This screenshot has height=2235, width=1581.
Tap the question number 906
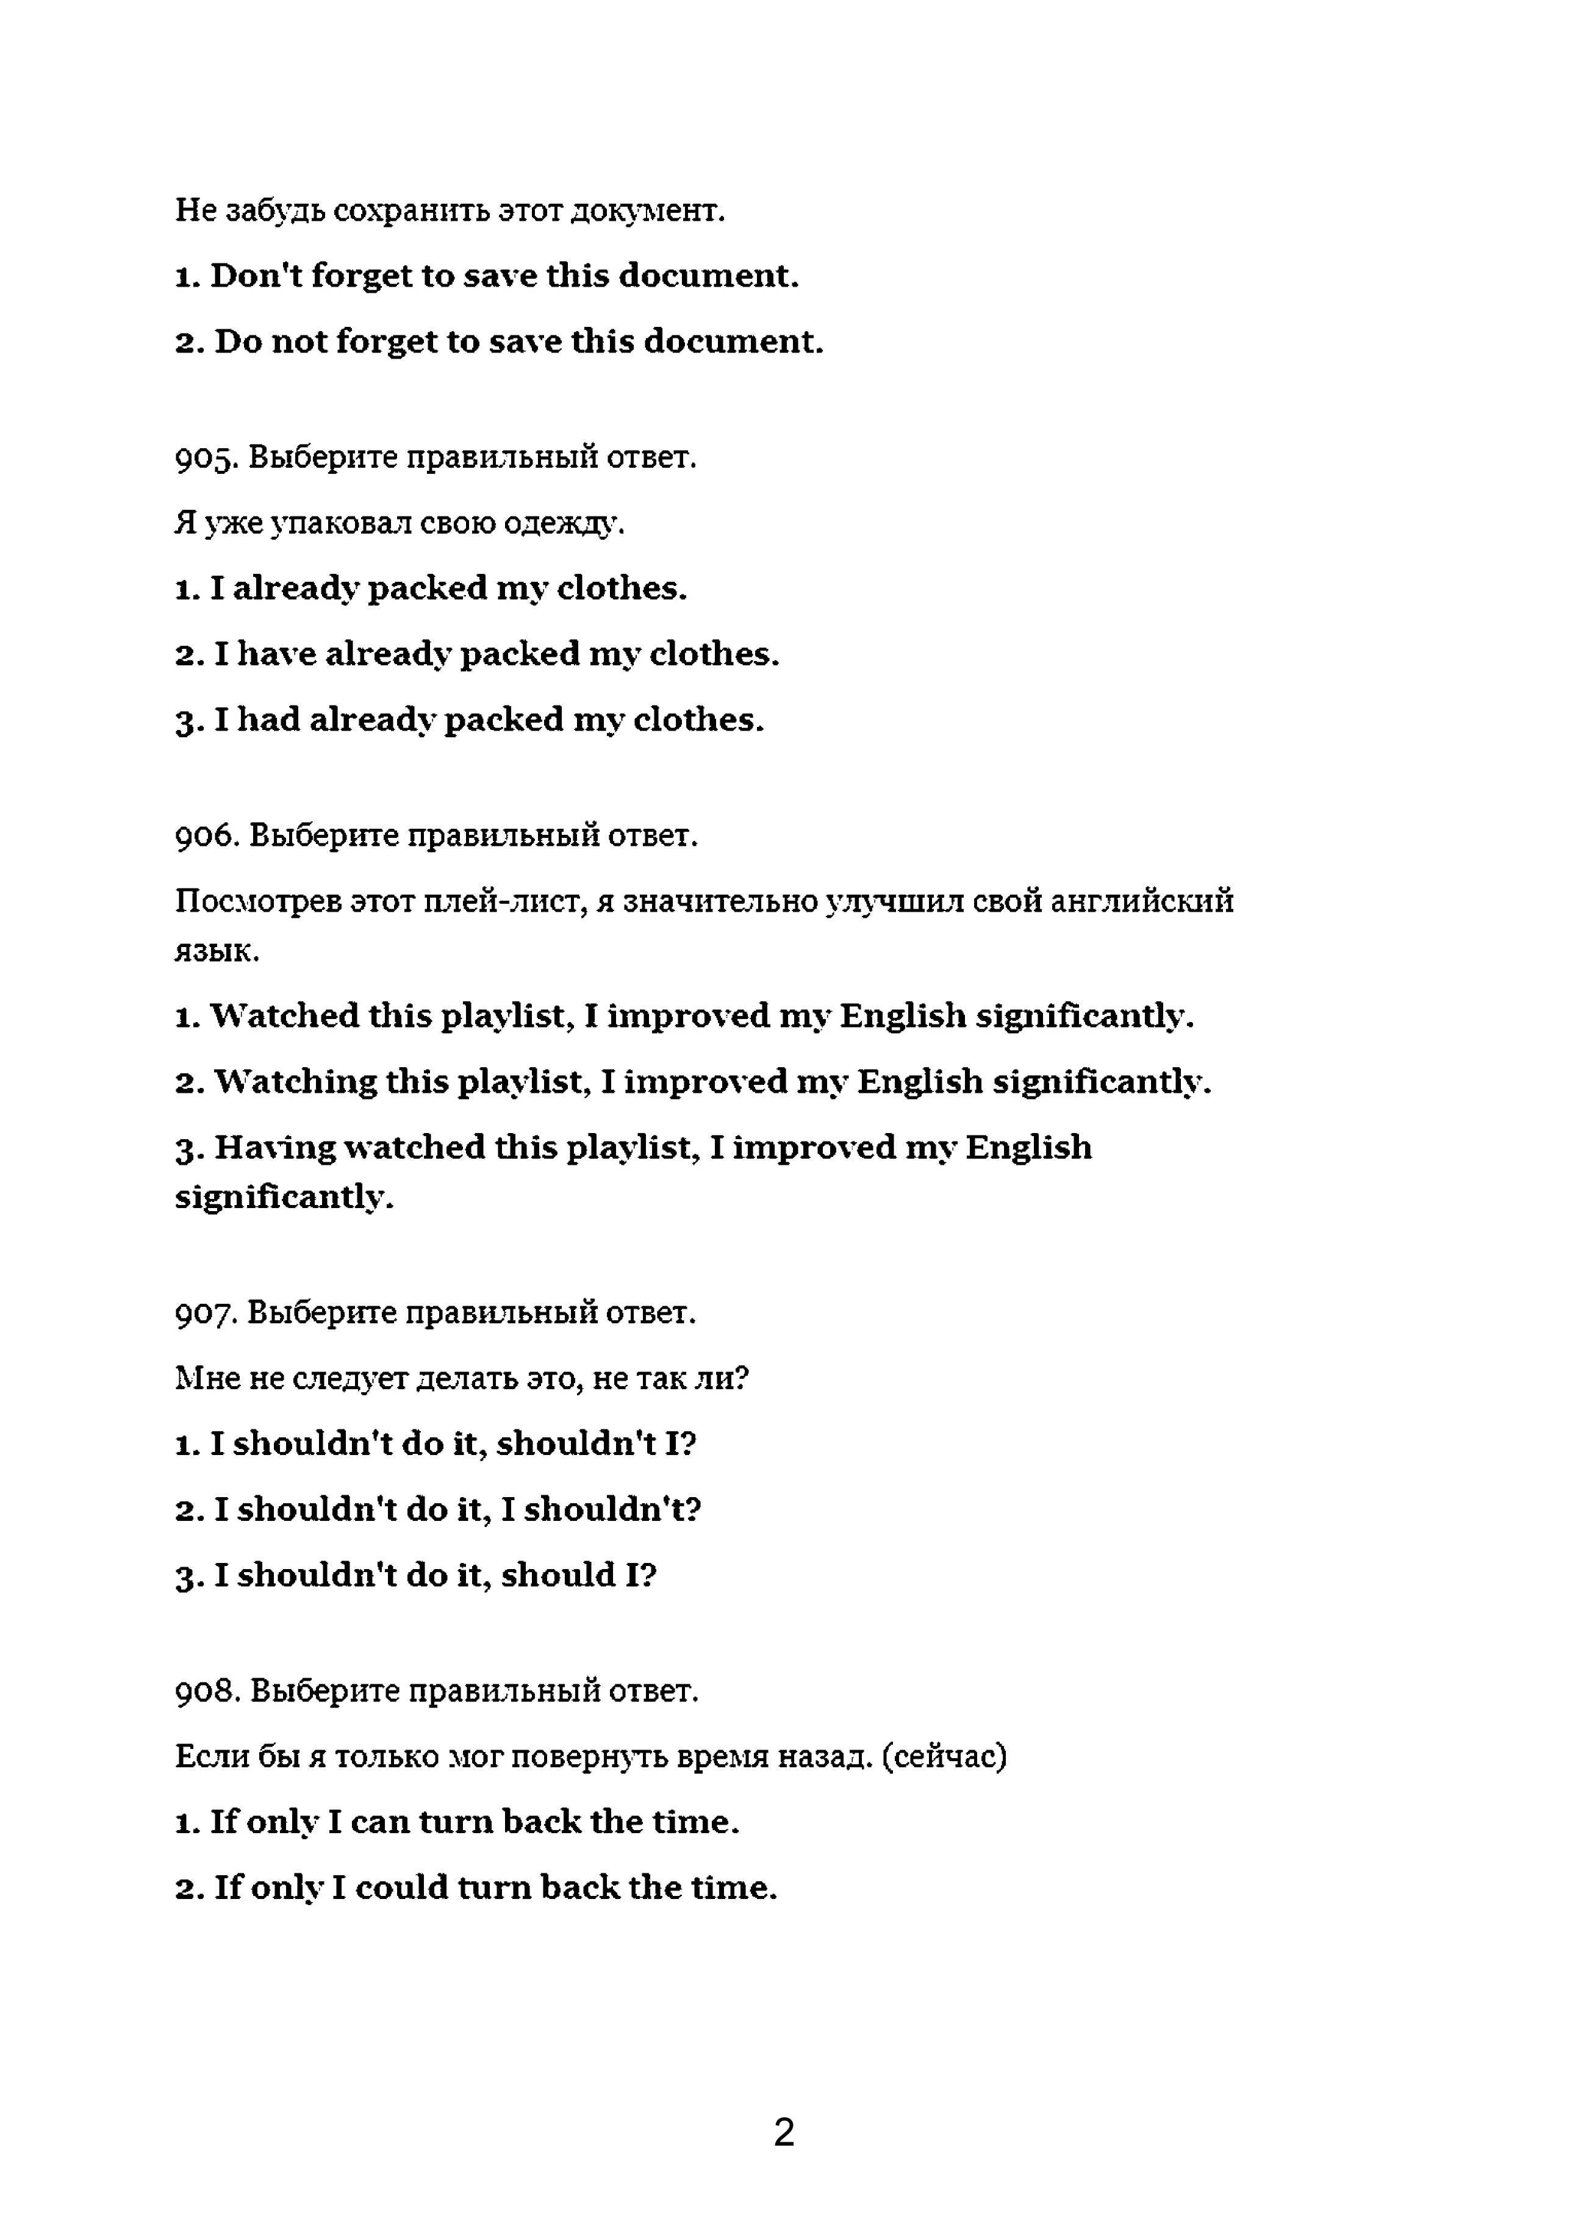tap(206, 835)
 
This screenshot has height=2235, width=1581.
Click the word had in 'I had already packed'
tap(269, 720)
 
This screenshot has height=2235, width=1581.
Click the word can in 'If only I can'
tap(379, 1822)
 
